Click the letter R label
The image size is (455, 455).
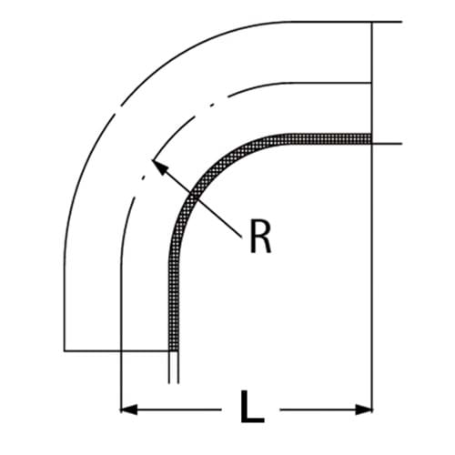click(259, 238)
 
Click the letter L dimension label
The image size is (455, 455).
click(252, 407)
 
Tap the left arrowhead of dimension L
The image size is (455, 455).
click(128, 408)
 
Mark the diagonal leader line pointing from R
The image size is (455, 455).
click(200, 200)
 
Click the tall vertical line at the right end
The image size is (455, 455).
click(373, 227)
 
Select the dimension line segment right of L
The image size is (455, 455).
click(318, 408)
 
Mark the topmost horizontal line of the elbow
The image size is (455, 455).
click(318, 20)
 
